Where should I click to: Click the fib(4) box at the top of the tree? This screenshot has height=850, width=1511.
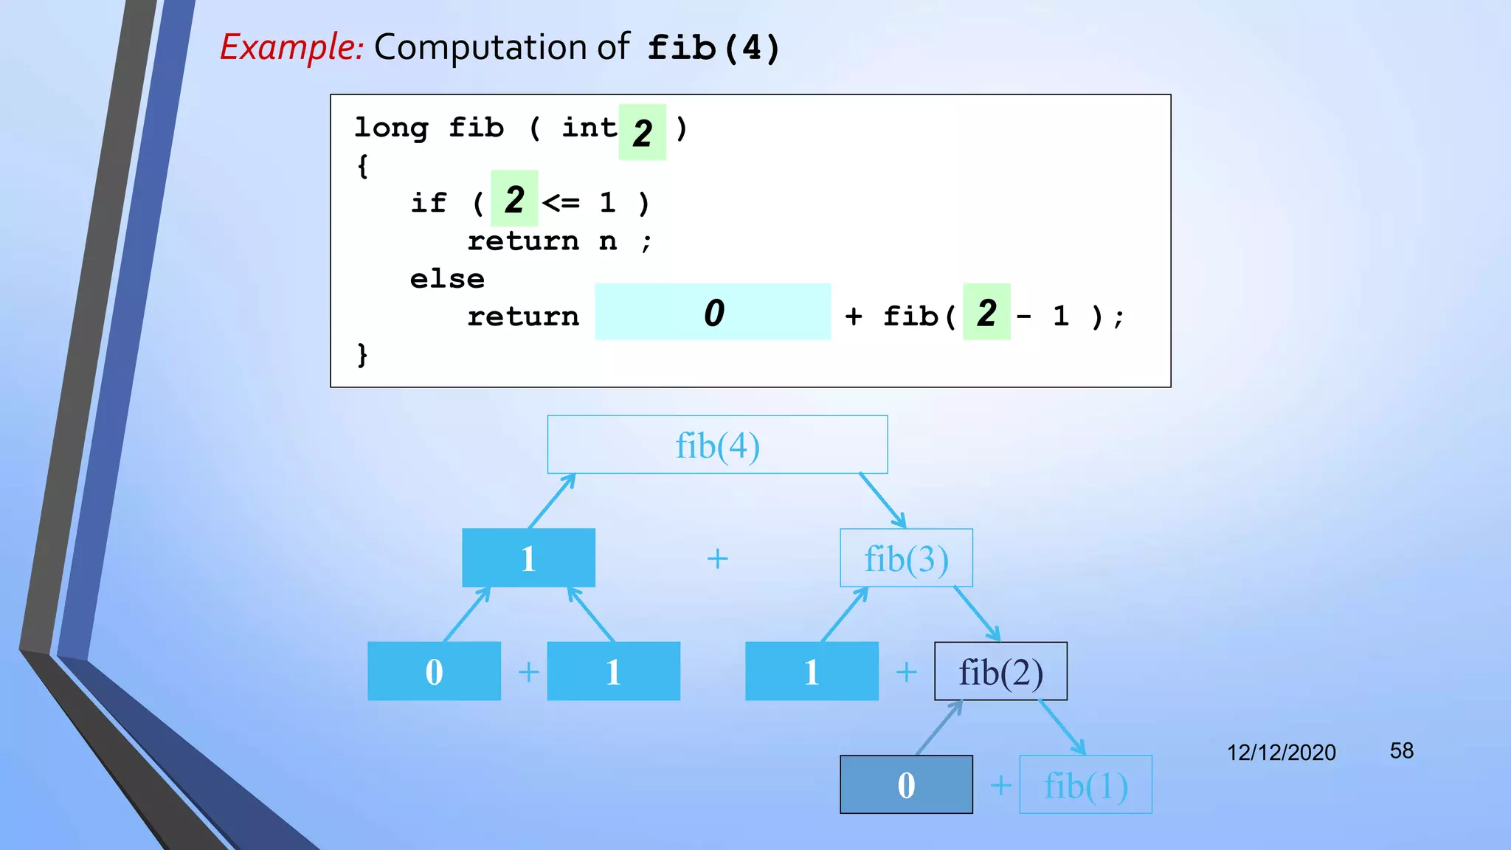[717, 445]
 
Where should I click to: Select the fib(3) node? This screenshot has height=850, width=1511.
[906, 559]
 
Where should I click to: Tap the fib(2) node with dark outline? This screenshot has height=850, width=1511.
[1000, 671]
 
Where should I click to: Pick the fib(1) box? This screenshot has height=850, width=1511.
[1085, 785]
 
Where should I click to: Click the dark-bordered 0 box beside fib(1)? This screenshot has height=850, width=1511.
[906, 785]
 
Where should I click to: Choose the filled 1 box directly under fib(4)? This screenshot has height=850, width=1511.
[528, 559]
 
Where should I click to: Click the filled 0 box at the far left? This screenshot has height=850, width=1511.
[434, 671]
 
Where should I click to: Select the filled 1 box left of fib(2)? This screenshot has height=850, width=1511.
[812, 671]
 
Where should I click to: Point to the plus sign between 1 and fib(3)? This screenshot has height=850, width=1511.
[717, 559]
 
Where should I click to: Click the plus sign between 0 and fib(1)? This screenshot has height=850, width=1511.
[1000, 785]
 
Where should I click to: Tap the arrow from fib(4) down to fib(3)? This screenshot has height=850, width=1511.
[883, 501]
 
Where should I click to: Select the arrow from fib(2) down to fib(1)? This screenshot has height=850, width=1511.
[1062, 728]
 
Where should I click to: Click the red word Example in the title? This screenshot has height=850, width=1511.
[291, 47]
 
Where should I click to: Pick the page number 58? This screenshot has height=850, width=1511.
[1401, 751]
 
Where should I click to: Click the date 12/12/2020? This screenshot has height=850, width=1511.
[1281, 753]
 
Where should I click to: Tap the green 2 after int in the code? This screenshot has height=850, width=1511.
[642, 133]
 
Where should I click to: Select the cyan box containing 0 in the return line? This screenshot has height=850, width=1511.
[713, 312]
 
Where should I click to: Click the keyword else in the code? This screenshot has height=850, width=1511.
[447, 280]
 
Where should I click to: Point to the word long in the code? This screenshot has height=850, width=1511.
[391, 128]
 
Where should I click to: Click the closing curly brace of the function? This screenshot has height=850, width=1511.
[362, 355]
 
